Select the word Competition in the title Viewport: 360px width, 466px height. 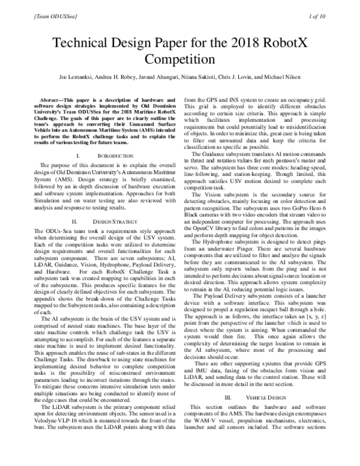[180, 61]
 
